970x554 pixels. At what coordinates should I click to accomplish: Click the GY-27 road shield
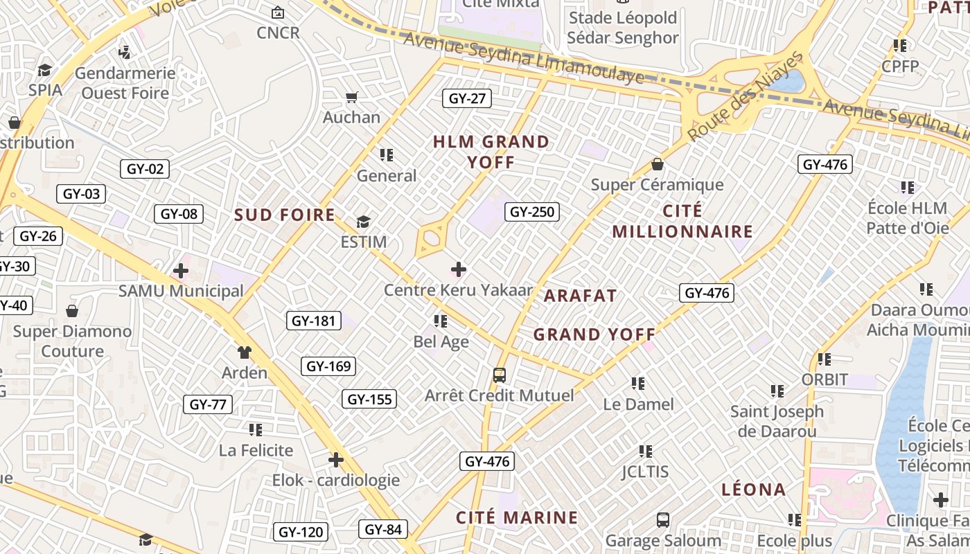467,98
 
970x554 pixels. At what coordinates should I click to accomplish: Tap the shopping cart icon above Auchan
352,97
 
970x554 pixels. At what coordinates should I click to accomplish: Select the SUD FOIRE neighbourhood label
285,215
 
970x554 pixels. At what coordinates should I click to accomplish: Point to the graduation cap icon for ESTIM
363,222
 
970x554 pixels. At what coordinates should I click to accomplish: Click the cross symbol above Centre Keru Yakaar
458,269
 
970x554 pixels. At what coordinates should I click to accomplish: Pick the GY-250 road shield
532,212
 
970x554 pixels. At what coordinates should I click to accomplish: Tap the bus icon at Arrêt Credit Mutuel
499,375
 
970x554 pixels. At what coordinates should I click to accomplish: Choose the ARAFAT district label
580,296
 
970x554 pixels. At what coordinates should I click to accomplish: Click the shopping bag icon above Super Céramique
657,165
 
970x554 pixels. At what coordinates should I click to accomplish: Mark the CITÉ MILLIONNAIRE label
682,221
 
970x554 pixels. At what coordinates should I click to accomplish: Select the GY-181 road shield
314,321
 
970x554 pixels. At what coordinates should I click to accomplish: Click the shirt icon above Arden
244,352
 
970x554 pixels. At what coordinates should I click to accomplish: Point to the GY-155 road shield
369,399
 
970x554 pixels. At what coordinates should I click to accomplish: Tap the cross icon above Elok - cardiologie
336,460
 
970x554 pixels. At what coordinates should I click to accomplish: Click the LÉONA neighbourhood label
754,490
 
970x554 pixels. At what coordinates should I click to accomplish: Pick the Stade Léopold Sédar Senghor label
622,27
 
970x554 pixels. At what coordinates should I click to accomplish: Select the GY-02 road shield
145,169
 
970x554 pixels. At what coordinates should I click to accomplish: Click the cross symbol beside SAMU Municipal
181,271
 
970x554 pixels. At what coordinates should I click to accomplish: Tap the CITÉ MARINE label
517,517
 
